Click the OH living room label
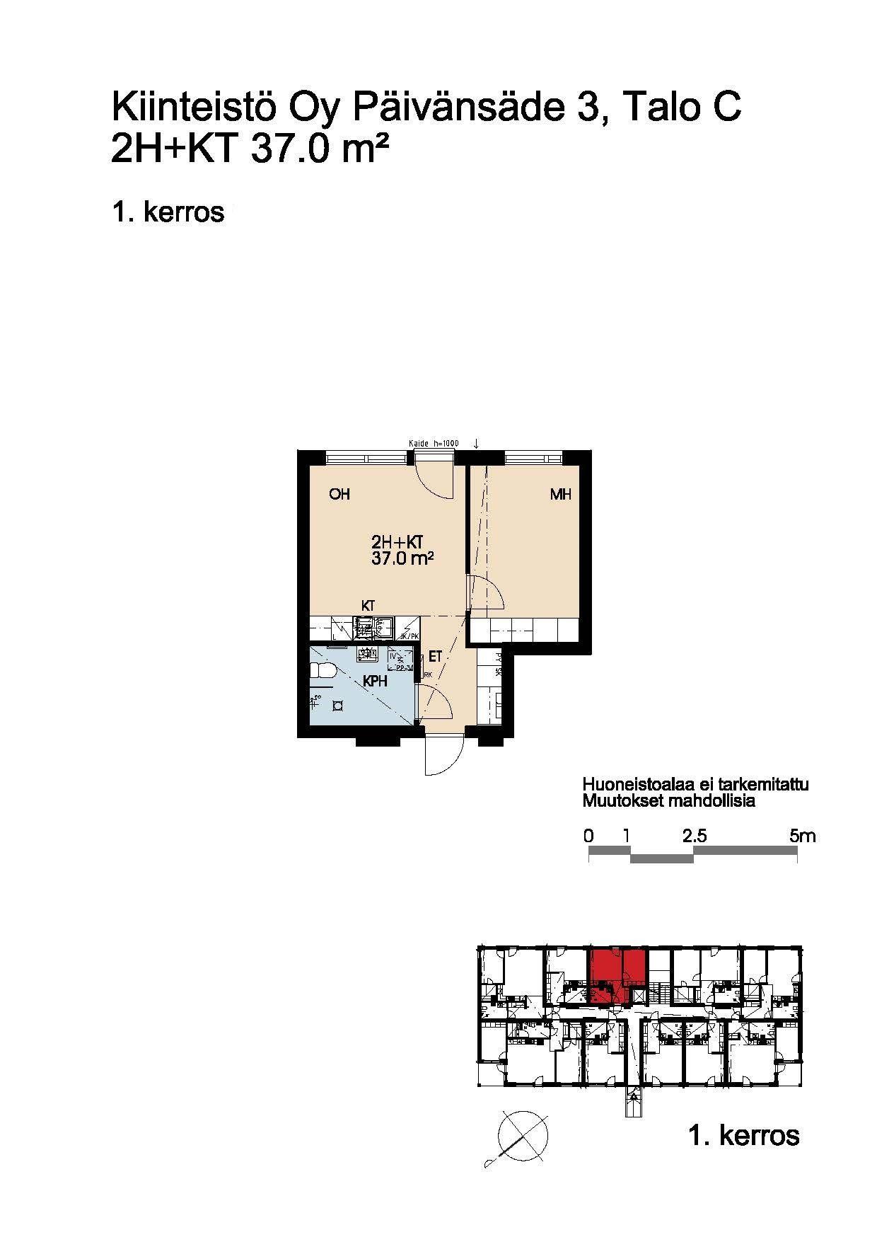coord(339,494)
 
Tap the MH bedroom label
coord(560,494)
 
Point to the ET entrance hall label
coord(435,657)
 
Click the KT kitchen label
coord(368,606)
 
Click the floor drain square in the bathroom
coord(339,706)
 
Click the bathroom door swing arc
coord(433,705)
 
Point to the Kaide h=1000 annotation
coord(434,444)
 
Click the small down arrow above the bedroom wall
coord(477,444)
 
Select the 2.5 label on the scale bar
coord(695,836)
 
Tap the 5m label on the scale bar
coord(803,836)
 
